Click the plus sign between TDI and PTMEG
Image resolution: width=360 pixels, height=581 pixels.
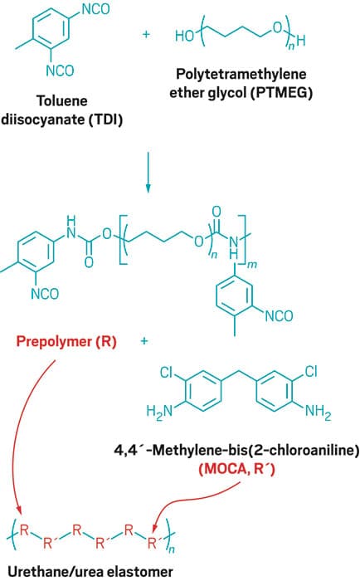point(146,35)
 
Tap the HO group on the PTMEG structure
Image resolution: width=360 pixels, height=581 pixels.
point(185,36)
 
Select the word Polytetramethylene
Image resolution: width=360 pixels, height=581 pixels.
point(241,74)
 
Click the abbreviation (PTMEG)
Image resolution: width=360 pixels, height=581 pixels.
point(281,93)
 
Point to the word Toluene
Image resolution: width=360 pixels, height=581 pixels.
point(62,100)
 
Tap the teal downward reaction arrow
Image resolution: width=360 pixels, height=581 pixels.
point(148,173)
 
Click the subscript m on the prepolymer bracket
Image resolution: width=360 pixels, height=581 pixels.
point(252,265)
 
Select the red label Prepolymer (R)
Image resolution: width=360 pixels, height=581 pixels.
point(66,341)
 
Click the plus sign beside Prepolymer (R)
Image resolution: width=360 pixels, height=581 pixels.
point(144,341)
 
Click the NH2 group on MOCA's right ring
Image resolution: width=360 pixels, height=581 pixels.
point(319,412)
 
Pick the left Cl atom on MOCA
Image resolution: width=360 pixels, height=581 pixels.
point(167,372)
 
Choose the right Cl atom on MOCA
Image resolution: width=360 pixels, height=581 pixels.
point(311,371)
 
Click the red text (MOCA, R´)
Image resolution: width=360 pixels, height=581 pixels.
point(237,469)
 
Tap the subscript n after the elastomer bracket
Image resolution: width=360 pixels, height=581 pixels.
point(171,549)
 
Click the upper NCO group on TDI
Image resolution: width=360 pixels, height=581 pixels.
point(96,9)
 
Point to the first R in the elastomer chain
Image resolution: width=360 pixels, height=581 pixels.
point(24,530)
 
